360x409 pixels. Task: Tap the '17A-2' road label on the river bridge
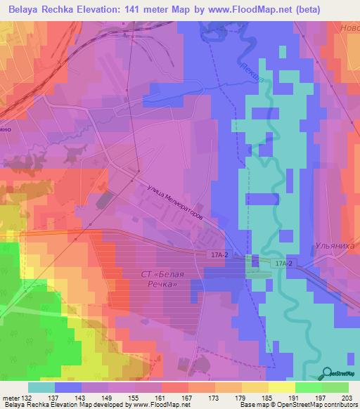coord(283,263)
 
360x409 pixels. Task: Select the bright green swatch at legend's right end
coord(335,387)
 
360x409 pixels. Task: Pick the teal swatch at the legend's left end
coord(41,387)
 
